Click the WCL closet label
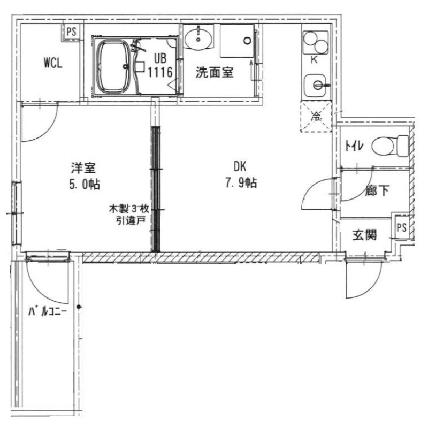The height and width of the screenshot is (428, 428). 53,63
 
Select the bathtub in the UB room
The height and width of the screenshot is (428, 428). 113,67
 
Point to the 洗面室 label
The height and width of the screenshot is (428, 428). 214,73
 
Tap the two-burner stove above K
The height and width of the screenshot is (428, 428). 314,42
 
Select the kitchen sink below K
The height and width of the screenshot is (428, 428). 315,84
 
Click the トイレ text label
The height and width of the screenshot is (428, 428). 354,145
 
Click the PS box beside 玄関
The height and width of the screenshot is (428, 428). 401,227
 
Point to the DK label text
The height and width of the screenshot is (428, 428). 239,166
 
